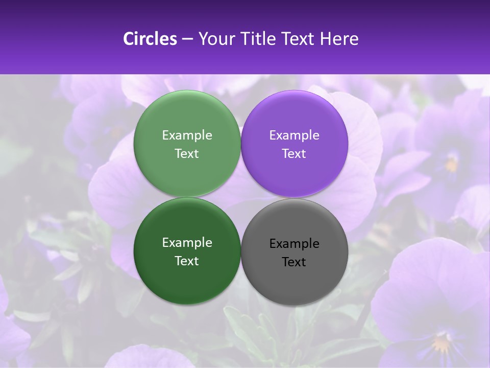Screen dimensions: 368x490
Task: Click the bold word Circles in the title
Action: click(150, 39)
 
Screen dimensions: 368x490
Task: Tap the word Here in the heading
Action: click(339, 39)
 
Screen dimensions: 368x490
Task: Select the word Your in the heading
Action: click(216, 39)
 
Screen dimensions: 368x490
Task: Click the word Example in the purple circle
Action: click(294, 135)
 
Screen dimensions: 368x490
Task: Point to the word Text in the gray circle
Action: click(294, 262)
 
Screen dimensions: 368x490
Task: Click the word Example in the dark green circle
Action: click(187, 243)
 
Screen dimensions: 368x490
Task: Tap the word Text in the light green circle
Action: click(187, 154)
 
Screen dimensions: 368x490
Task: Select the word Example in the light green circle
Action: click(187, 135)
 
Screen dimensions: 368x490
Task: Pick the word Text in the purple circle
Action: click(294, 154)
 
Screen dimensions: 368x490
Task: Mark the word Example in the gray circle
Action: click(294, 244)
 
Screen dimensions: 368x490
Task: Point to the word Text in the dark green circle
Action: click(187, 261)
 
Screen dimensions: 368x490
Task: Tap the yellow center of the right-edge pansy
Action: click(451, 164)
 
